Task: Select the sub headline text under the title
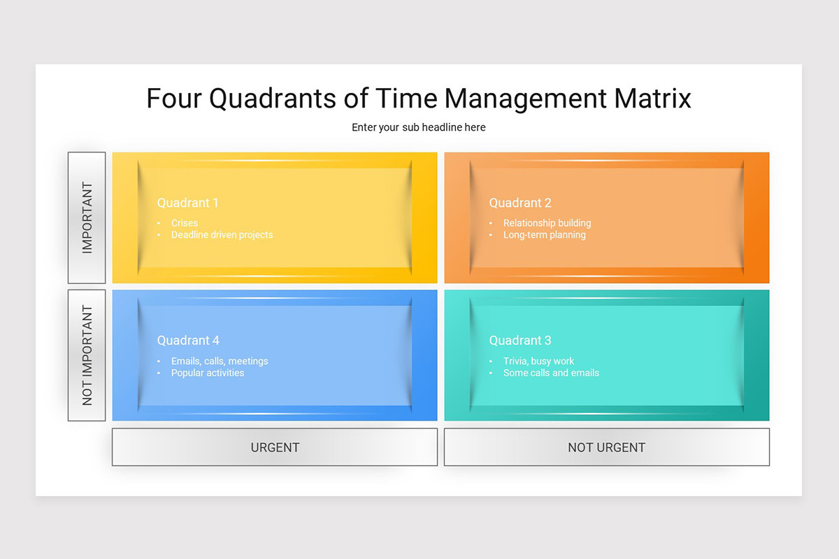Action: point(419,127)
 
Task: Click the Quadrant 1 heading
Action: point(187,203)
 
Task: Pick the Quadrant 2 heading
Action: point(520,203)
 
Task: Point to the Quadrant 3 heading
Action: point(520,340)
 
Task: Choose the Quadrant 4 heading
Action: point(188,340)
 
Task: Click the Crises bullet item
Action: point(185,223)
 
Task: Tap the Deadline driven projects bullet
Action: point(222,235)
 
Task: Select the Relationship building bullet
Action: point(547,223)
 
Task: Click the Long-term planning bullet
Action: point(544,235)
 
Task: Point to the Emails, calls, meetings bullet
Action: point(220,361)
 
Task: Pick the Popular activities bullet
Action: point(208,373)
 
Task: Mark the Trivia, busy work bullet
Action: point(538,361)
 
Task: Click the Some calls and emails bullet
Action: point(551,373)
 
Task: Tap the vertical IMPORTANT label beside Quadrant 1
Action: point(87,217)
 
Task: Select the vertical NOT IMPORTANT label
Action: point(87,355)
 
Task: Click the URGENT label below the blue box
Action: point(275,447)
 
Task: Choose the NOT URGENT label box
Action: point(606,447)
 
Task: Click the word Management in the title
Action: point(526,99)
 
